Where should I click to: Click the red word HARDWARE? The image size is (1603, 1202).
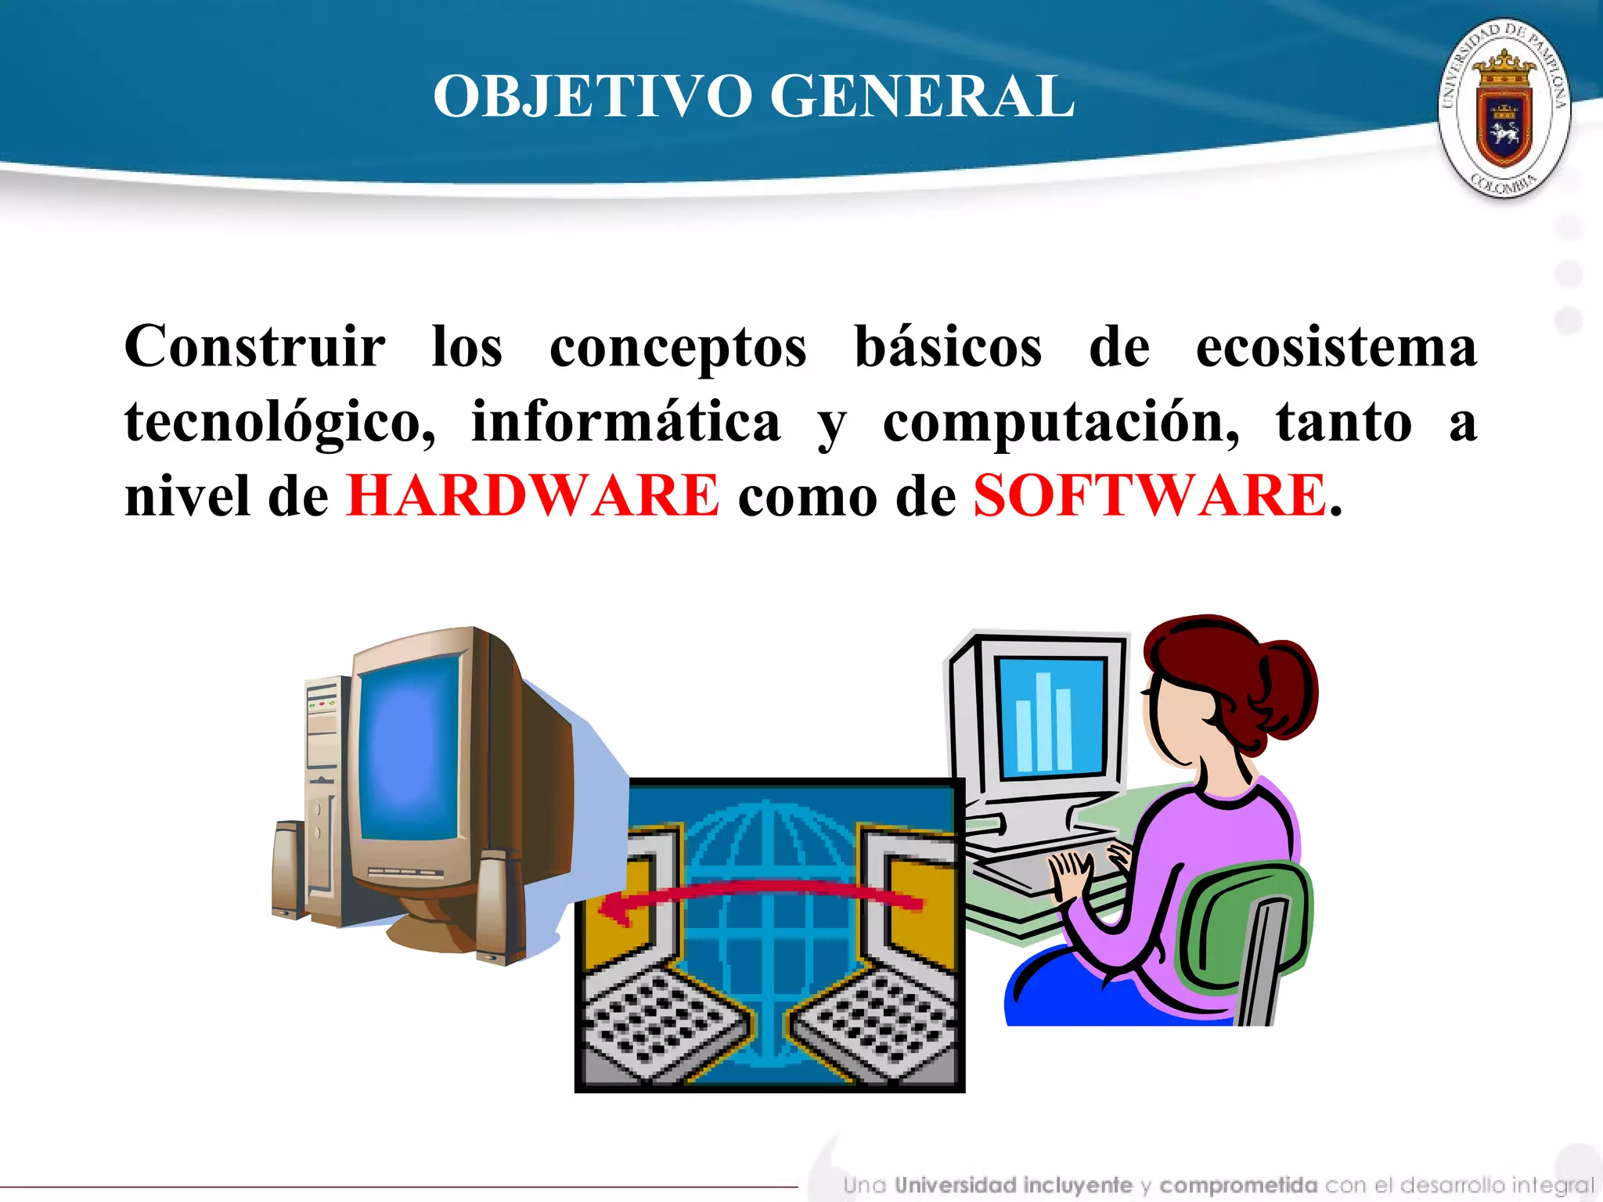click(532, 495)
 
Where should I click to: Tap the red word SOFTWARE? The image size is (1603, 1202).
click(1149, 495)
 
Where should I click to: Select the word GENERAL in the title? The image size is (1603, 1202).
click(922, 96)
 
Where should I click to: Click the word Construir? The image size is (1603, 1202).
click(254, 347)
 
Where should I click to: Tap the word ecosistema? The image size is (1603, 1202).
click(1336, 347)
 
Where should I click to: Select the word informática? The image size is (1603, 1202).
click(625, 421)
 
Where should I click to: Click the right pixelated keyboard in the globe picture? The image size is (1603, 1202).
click(877, 1025)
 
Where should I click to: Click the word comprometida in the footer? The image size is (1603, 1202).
click(1238, 1185)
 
